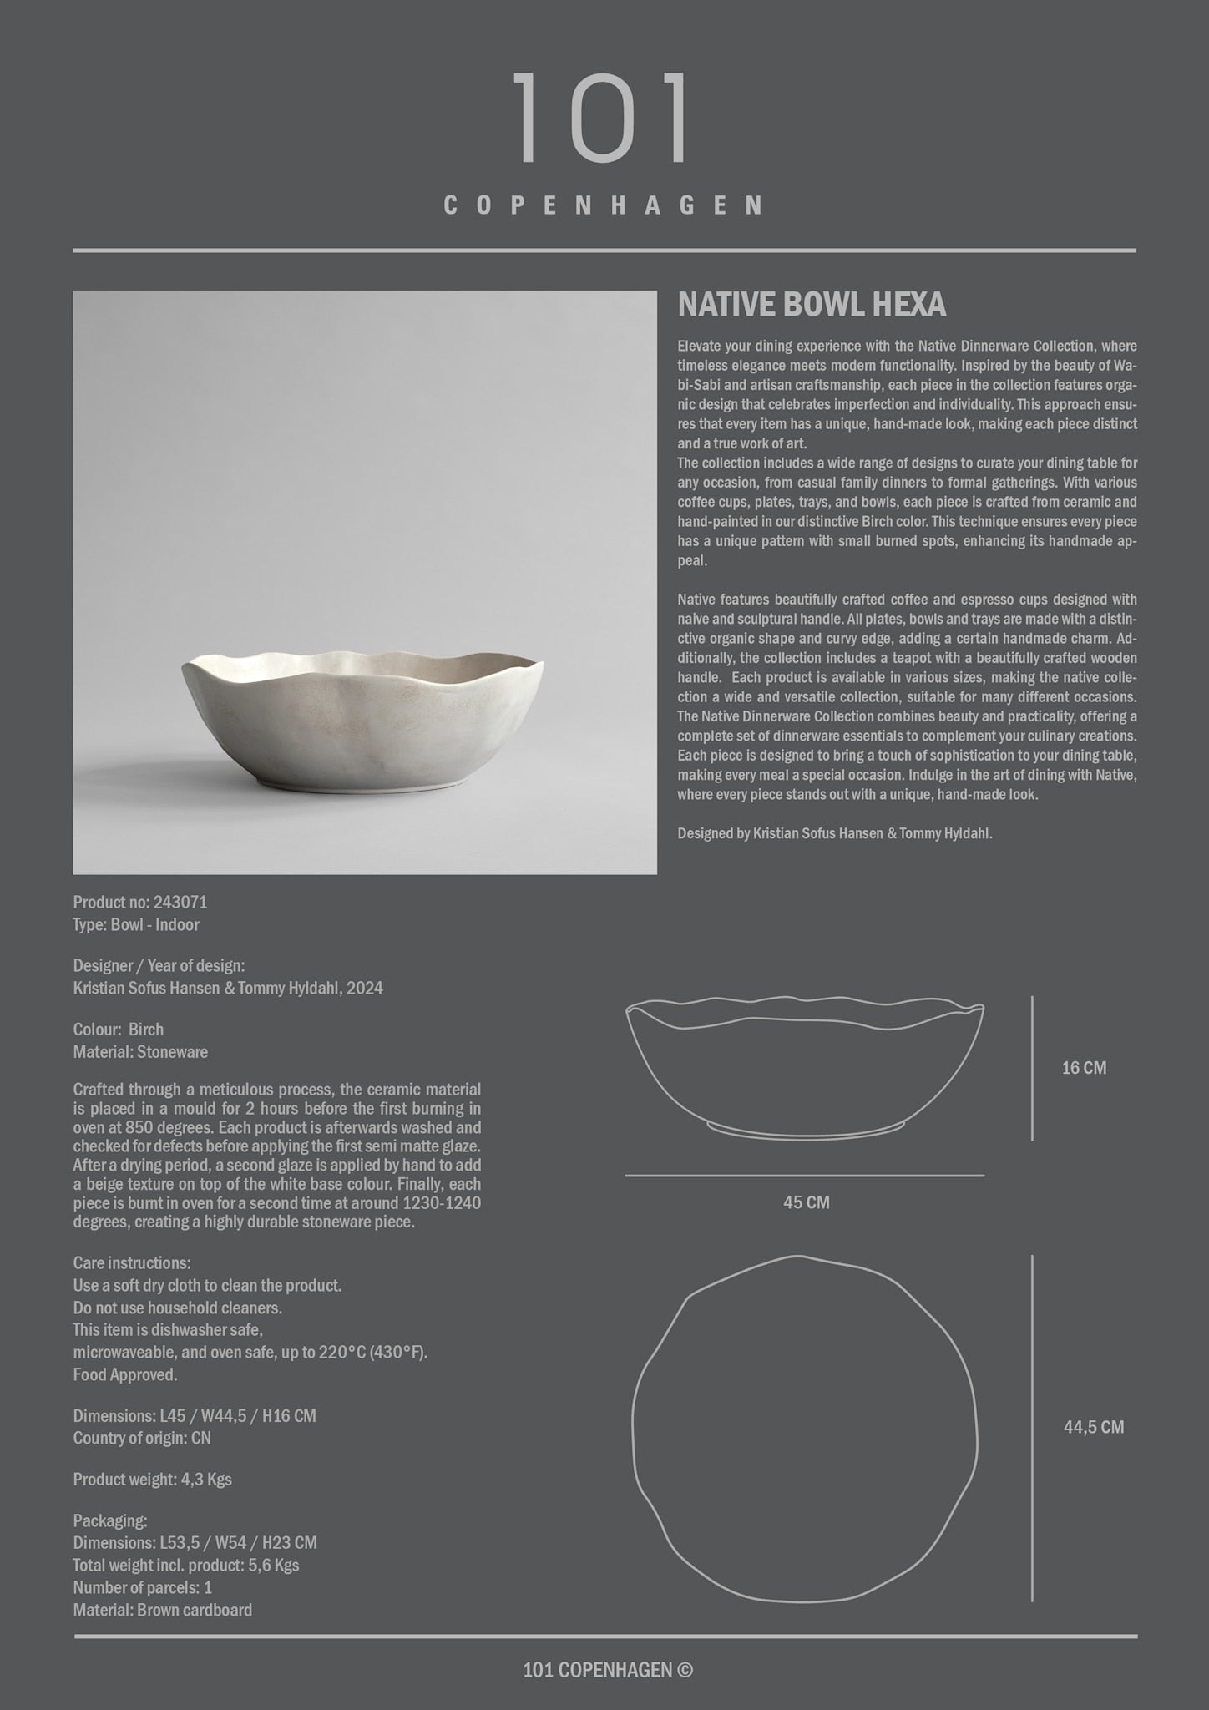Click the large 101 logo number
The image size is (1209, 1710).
pyautogui.click(x=602, y=118)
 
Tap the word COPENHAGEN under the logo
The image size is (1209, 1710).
pyautogui.click(x=602, y=205)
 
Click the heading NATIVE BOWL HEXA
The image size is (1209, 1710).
pyautogui.click(x=812, y=306)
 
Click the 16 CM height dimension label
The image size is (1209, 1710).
pyautogui.click(x=1084, y=1068)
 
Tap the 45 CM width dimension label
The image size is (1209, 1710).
pyautogui.click(x=806, y=1202)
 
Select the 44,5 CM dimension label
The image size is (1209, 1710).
pyautogui.click(x=1093, y=1427)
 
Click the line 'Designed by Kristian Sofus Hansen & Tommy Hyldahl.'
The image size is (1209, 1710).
pyautogui.click(x=835, y=833)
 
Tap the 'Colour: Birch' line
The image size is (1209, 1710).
pyautogui.click(x=119, y=1030)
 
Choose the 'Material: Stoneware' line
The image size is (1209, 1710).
pyautogui.click(x=140, y=1052)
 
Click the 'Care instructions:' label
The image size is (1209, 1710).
pyautogui.click(x=132, y=1263)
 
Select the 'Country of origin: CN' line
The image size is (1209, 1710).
pyautogui.click(x=142, y=1438)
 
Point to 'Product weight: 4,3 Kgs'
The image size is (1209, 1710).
pyautogui.click(x=153, y=1480)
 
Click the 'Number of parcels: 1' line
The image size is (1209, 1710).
pyautogui.click(x=143, y=1587)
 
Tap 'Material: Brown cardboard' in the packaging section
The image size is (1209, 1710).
pyautogui.click(x=163, y=1610)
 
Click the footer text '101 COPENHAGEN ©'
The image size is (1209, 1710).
pyautogui.click(x=607, y=1670)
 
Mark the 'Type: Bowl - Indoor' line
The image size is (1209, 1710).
pyautogui.click(x=136, y=924)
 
